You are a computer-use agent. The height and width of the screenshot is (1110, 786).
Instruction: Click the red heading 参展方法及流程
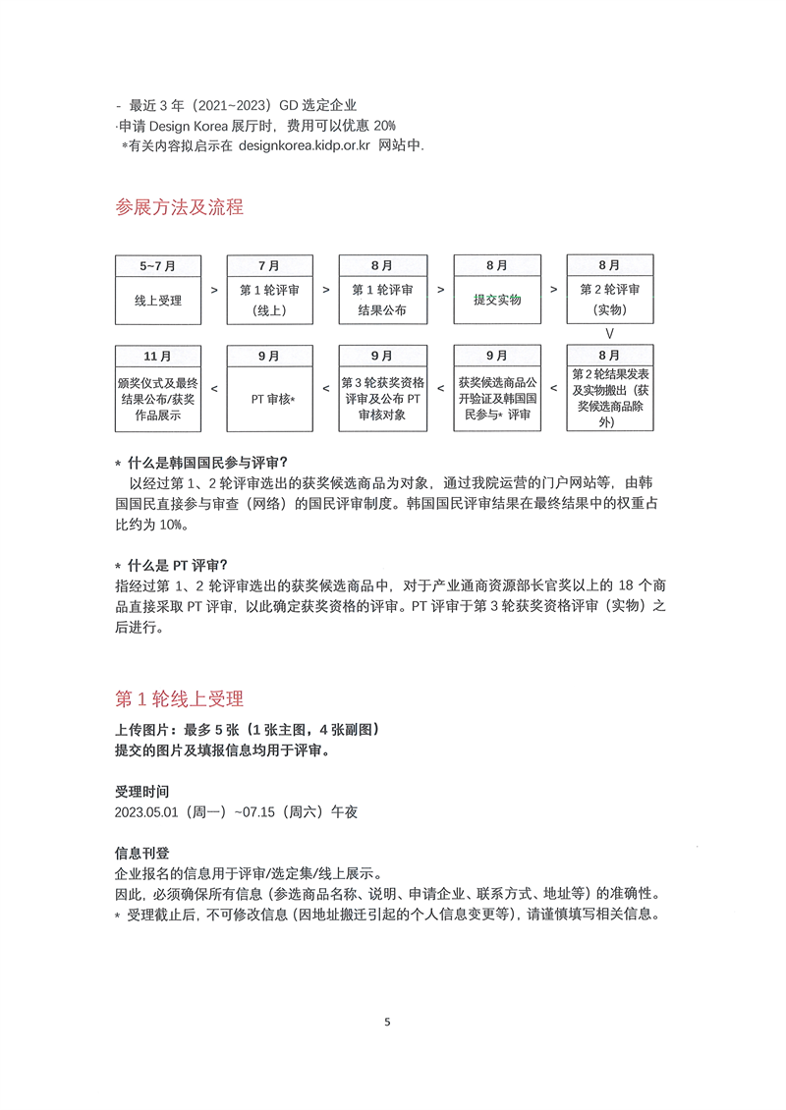179,207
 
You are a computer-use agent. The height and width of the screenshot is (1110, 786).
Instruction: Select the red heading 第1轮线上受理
179,698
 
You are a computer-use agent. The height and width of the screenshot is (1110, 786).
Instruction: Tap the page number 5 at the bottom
387,1022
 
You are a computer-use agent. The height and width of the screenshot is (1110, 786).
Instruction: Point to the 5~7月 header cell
159,266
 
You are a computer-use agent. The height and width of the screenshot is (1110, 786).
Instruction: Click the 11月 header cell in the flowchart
159,356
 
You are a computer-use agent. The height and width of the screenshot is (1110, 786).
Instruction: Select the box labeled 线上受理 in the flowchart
159,301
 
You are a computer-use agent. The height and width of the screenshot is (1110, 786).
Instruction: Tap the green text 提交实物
496,300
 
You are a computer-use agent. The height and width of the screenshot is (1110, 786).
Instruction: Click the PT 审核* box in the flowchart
271,400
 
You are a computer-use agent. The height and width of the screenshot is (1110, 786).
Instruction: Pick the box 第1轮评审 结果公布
382,301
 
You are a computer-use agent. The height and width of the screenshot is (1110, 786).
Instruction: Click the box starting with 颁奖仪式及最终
159,400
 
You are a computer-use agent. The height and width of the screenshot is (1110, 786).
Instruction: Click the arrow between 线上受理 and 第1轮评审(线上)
214,290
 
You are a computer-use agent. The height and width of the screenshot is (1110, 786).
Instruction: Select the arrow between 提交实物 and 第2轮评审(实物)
554,290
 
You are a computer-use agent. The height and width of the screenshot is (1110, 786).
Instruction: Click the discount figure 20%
384,125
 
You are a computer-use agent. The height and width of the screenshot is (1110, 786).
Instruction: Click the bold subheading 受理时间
141,791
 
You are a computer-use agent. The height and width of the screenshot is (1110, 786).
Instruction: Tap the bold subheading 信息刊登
141,853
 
